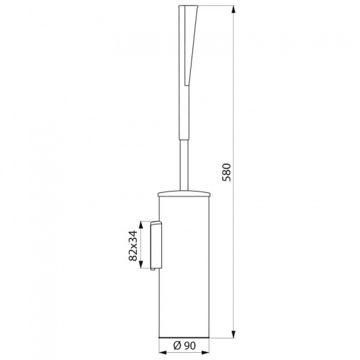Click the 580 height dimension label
pyautogui.click(x=226, y=172)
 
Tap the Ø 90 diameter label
pyautogui.click(x=184, y=346)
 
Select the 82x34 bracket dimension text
pyautogui.click(x=132, y=246)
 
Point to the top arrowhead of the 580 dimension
pyautogui.click(x=234, y=9)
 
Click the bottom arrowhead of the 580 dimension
pyautogui.click(x=234, y=334)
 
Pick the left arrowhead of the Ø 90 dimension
pyautogui.click(x=163, y=353)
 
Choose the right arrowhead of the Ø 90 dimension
pyautogui.click(x=206, y=353)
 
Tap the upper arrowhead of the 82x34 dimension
pyautogui.click(x=141, y=225)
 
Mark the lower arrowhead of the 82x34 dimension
pyautogui.click(x=141, y=264)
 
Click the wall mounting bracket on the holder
pyautogui.click(x=156, y=245)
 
